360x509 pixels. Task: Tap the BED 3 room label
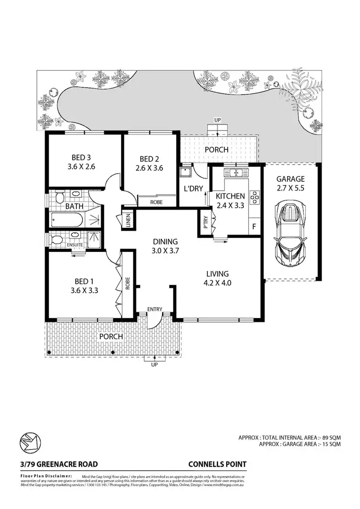coord(81,157)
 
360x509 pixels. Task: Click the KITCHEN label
coord(230,196)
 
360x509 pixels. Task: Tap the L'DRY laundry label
coord(194,189)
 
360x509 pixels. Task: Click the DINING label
coord(165,241)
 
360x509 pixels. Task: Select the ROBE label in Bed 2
coord(156,202)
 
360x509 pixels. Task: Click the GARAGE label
coord(290,179)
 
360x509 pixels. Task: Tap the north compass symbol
coord(31,442)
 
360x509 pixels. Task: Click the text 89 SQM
coord(331,438)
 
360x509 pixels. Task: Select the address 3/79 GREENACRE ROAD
coord(59,464)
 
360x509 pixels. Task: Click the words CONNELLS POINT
coord(218,464)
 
